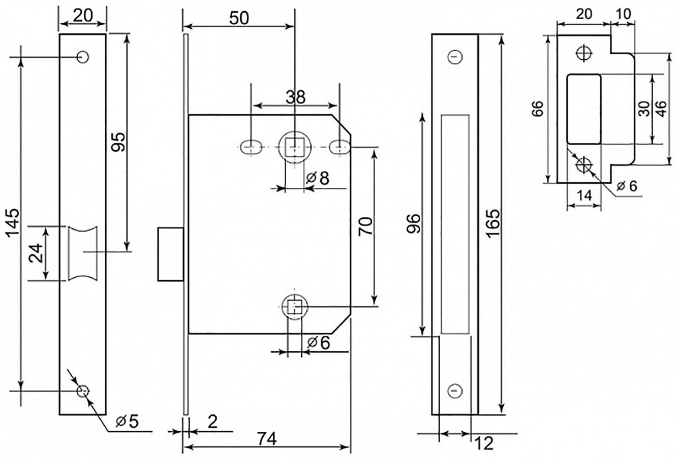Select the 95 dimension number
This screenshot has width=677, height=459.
(x=118, y=141)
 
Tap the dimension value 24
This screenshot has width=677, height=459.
(x=36, y=253)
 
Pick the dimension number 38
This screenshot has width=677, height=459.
(x=296, y=97)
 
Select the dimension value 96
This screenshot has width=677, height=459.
(x=414, y=223)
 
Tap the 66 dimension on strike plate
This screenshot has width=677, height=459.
(x=537, y=109)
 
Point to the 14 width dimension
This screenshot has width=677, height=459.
(x=584, y=196)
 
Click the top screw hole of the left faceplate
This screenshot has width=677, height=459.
(x=82, y=57)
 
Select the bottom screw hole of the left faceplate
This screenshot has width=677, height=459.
(x=82, y=391)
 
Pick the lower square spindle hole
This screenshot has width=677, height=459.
(x=294, y=307)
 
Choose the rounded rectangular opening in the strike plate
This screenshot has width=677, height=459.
(x=584, y=109)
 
